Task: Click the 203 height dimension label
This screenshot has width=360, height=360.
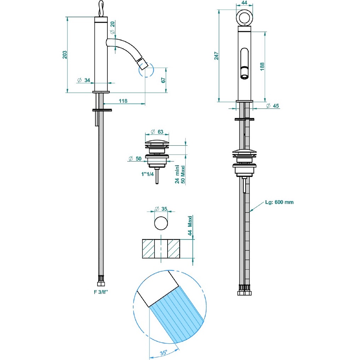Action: (x=65, y=55)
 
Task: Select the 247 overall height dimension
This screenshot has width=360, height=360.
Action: (x=216, y=56)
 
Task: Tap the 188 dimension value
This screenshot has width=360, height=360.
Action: (x=262, y=66)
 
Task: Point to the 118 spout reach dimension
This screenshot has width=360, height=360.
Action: (x=123, y=101)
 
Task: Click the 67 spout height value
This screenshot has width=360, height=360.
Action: (x=163, y=80)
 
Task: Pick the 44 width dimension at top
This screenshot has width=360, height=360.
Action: (x=244, y=2)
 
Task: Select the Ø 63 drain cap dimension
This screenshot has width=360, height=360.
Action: (x=157, y=131)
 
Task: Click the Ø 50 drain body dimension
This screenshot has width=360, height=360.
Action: (x=135, y=158)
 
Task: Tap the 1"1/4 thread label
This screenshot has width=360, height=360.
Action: (x=147, y=174)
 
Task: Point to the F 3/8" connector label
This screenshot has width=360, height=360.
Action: (x=101, y=292)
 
